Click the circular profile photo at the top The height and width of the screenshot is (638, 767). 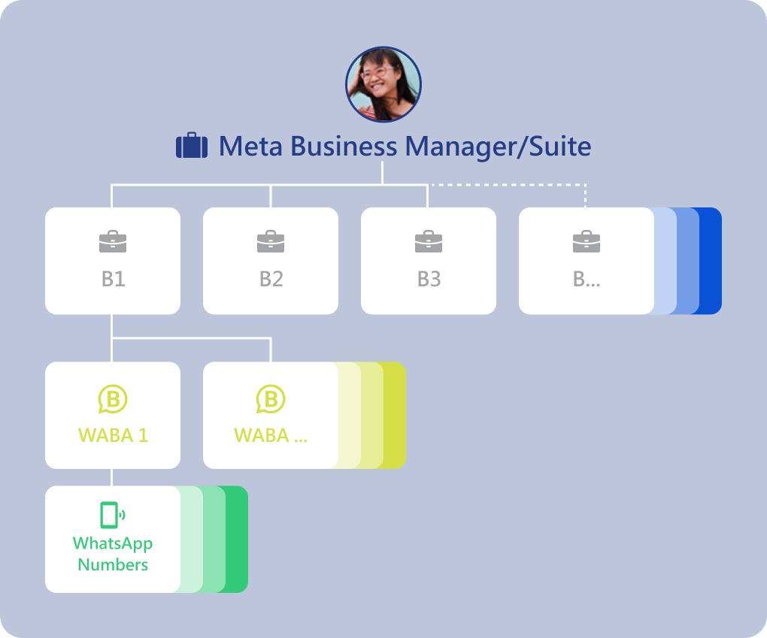383,84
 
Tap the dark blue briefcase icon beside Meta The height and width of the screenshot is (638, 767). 191,146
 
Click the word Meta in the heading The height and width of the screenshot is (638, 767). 250,147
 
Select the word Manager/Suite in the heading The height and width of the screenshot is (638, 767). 496,147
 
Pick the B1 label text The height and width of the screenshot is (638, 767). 113,280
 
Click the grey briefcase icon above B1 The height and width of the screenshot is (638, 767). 113,242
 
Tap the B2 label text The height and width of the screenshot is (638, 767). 271,280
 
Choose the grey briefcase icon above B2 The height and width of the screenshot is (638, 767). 271,242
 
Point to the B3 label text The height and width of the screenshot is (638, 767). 429,280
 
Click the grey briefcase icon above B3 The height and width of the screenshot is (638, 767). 429,242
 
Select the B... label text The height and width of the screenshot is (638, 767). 587,280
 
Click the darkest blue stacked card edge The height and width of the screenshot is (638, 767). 711,261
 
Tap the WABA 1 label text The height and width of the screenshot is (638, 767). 113,435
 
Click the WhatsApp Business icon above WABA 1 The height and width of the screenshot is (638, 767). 113,399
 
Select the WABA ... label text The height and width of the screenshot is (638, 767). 271,435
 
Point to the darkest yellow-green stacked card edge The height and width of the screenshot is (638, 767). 395,416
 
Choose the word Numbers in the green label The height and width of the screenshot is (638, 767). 113,564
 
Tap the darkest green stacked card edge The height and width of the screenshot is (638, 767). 237,539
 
